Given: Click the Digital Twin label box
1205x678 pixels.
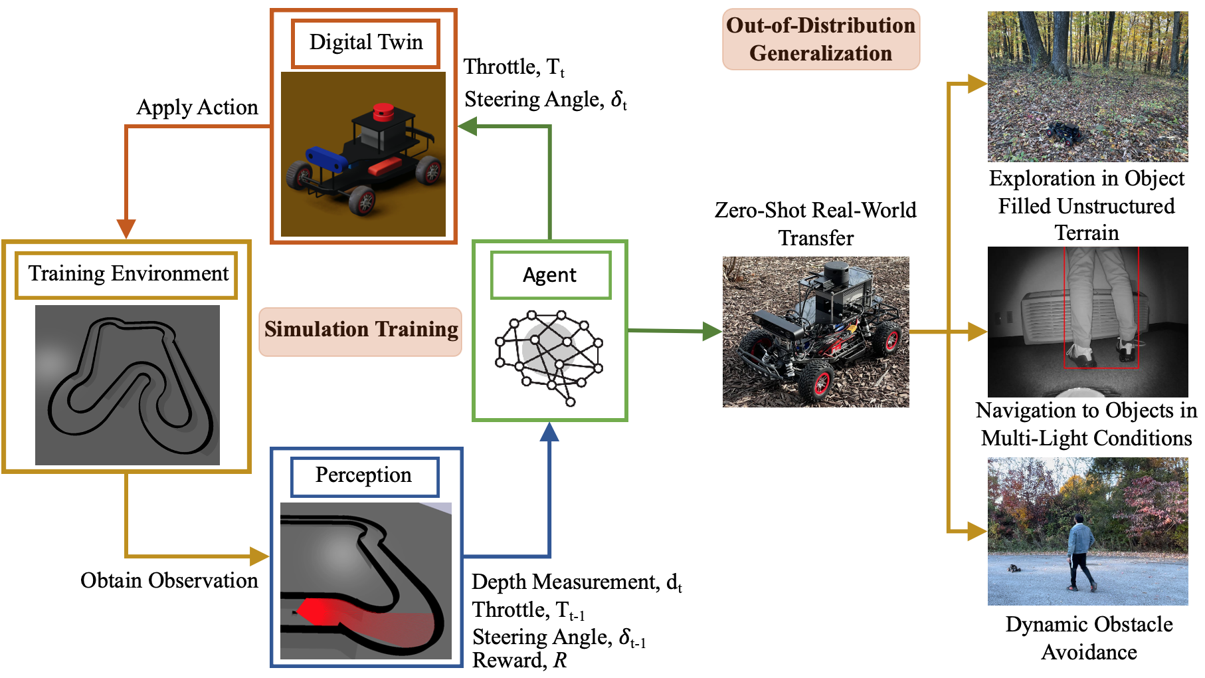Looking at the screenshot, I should point(365,43).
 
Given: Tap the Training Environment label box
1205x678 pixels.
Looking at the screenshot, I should point(126,275).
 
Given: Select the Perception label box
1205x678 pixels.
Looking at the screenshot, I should point(364,476).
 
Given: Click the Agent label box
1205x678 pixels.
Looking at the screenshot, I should point(550,275).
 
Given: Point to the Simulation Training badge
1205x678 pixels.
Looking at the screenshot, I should point(361,330).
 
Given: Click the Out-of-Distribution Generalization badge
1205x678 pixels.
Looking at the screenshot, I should point(820,39).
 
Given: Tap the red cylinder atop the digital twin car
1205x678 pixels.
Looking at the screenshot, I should point(383,112).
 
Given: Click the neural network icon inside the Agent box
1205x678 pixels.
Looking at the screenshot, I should point(549,356).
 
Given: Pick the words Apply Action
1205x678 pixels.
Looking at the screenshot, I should point(197,108).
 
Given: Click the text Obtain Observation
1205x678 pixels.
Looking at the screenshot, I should point(169,581).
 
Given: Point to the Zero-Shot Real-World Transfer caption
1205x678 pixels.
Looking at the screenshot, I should point(815,224).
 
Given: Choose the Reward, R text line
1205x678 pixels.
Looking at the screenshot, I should point(519,661).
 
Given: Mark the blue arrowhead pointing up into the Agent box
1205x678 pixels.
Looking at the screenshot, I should point(549,433).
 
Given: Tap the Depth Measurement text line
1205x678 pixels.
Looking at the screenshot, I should point(577,583).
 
